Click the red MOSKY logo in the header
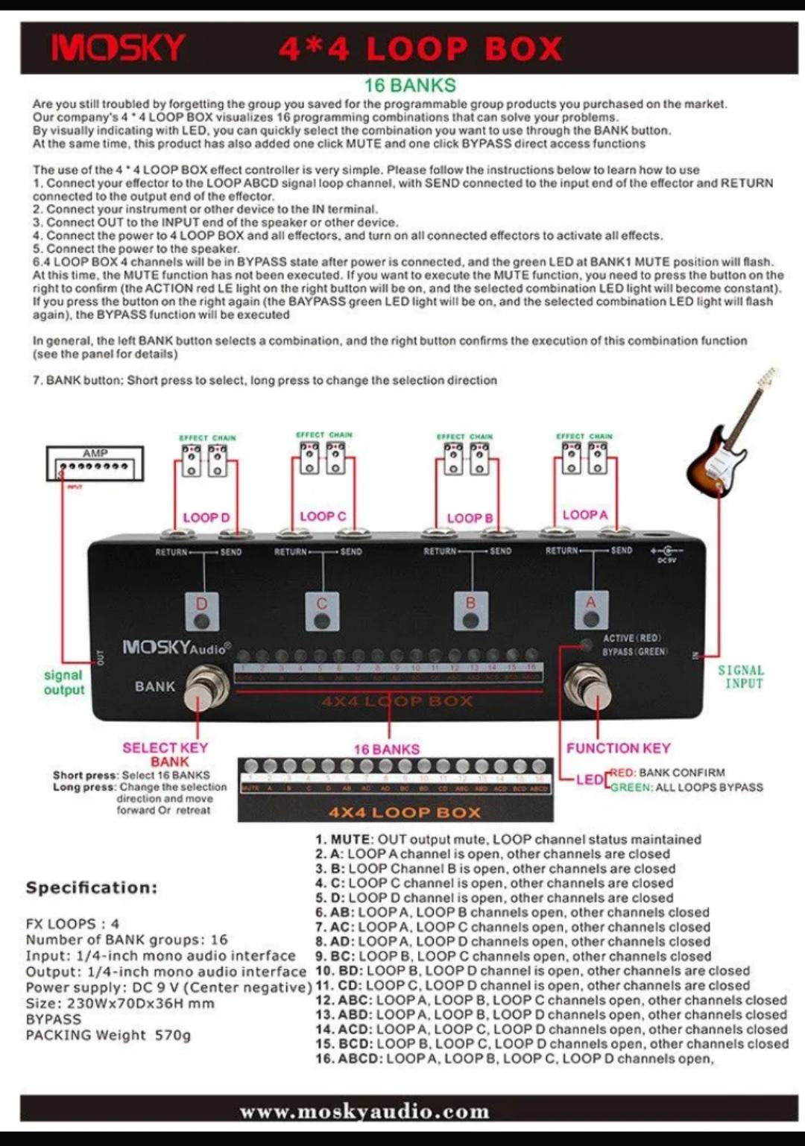118,48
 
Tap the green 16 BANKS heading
410,85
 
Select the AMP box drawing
95,463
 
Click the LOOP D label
206,517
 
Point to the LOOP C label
323,516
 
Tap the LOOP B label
470,518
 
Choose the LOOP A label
585,514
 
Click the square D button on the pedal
202,611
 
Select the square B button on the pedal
470,611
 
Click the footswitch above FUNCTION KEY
588,687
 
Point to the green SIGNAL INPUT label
741,677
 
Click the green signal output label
64,682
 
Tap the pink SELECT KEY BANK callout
165,754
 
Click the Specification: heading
92,887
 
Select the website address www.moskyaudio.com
364,1112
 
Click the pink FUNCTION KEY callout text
618,748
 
